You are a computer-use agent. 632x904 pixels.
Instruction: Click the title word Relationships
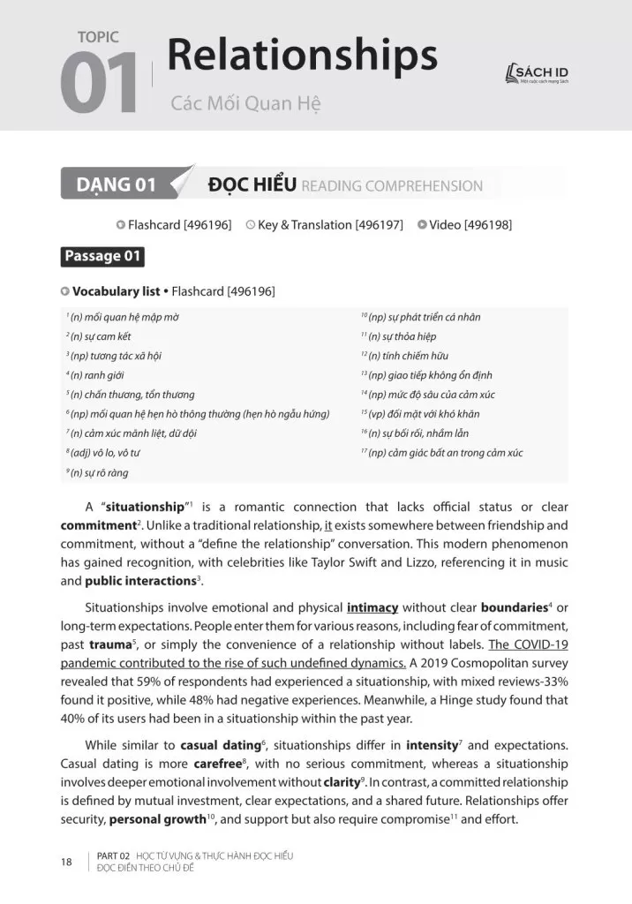302,56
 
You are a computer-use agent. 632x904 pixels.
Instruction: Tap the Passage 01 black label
102,257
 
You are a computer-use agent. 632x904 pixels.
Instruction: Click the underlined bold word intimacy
372,607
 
